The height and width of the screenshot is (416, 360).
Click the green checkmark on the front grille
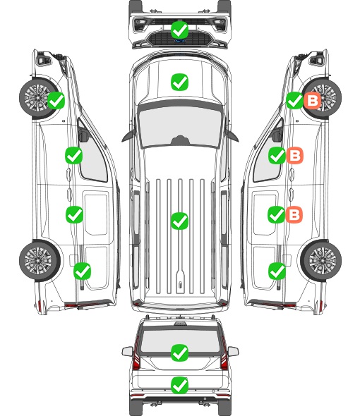[179, 30]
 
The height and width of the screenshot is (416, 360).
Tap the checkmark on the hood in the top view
[179, 82]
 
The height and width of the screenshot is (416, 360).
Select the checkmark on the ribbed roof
[179, 221]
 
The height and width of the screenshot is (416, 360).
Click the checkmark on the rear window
[179, 353]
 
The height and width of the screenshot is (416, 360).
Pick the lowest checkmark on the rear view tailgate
[179, 385]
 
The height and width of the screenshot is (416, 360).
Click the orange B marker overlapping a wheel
[313, 101]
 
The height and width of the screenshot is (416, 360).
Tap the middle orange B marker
[294, 155]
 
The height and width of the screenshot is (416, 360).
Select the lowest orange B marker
[294, 214]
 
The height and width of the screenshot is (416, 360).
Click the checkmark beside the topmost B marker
[294, 101]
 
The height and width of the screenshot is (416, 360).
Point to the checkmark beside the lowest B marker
[277, 214]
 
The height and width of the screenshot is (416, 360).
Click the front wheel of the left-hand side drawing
[38, 98]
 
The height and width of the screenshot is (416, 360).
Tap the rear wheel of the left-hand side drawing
[39, 260]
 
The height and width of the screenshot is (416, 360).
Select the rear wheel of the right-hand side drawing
[322, 260]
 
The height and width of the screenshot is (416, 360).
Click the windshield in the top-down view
[180, 126]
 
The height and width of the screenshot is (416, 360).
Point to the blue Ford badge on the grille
[179, 41]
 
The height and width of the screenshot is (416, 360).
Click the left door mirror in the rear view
[127, 352]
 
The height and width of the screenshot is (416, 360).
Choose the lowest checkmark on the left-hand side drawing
[82, 271]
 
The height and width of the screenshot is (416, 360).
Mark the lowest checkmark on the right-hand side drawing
[277, 271]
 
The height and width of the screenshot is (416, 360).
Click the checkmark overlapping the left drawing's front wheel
[56, 101]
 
